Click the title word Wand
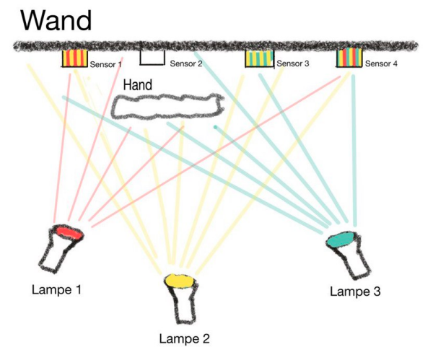[56, 19]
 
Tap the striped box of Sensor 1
[74, 59]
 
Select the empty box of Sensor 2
[152, 56]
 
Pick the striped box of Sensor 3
[259, 58]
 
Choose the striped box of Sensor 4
[350, 58]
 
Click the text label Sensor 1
[105, 65]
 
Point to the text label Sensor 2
[185, 63]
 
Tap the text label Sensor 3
[293, 64]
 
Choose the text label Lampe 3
[354, 291]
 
